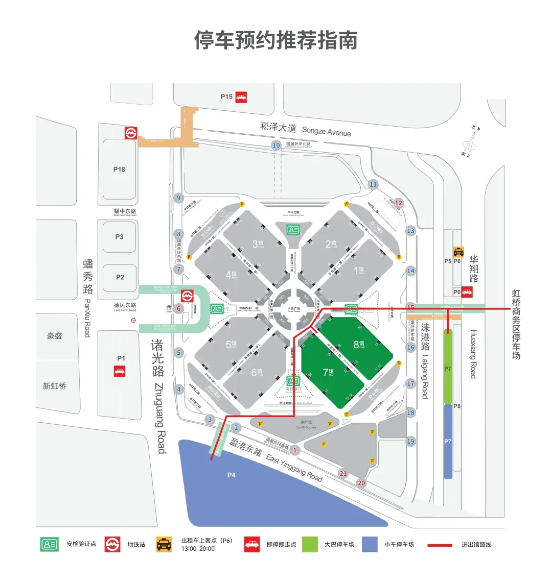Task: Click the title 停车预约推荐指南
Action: [x=275, y=40]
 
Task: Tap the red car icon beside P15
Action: [x=241, y=97]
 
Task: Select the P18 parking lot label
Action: [x=119, y=169]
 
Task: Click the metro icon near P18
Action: [x=131, y=133]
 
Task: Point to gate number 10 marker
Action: [x=277, y=145]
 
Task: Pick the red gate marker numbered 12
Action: [x=399, y=203]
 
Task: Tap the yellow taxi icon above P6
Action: [x=458, y=252]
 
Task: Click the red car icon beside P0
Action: [x=467, y=293]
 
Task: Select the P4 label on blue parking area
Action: [x=231, y=475]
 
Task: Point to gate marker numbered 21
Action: [x=343, y=474]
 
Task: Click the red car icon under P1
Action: [x=120, y=371]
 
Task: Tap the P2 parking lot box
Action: [x=120, y=277]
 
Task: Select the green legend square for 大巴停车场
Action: [x=310, y=544]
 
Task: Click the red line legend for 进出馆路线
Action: [x=440, y=545]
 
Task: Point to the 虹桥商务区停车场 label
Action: [x=516, y=325]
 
